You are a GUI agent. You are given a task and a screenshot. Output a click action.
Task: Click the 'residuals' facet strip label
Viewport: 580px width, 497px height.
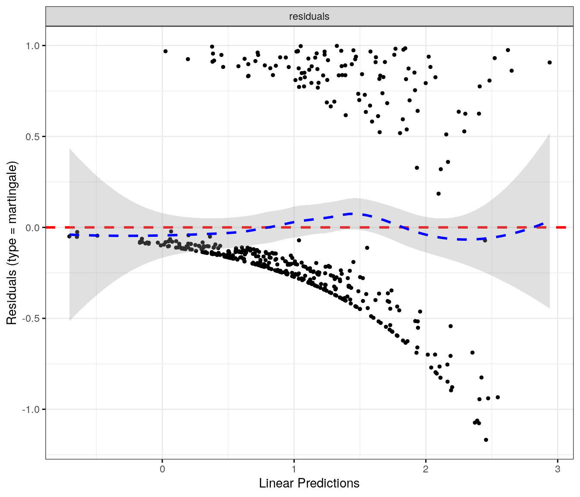309,16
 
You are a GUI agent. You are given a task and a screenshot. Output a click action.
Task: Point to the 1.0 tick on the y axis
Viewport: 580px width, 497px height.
33,46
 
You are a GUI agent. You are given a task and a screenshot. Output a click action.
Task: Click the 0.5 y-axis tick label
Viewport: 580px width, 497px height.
33,137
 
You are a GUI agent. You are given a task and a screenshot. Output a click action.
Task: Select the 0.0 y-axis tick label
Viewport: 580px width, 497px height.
33,228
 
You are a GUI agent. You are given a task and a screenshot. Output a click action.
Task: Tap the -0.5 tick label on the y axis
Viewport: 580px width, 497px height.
31,319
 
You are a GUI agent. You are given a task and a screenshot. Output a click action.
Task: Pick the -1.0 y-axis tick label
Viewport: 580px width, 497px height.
31,410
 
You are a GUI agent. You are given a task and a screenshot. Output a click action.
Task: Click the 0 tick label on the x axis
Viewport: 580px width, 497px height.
162,469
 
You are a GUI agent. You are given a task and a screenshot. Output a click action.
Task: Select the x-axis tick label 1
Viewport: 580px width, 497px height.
294,469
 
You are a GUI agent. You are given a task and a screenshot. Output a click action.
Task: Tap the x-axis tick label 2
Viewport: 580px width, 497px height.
426,469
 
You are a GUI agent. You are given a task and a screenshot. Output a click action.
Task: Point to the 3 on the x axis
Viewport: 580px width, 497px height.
558,469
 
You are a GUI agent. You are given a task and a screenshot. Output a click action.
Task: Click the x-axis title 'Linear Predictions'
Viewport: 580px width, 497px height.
309,483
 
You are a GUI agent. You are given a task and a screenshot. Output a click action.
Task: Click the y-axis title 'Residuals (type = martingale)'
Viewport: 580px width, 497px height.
12,243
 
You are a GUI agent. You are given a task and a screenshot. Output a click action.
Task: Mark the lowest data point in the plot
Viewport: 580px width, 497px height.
486,440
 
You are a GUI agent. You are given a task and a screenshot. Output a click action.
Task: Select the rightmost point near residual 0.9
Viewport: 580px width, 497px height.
549,63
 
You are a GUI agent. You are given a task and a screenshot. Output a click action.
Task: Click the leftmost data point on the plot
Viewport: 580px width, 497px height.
69,236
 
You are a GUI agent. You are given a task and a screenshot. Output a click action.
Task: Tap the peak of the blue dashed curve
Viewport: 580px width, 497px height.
353,214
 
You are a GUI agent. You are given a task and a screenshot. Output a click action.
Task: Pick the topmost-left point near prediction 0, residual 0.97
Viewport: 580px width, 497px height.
165,51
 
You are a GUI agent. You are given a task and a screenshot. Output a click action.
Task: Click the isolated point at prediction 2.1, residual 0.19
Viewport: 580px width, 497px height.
438,194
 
